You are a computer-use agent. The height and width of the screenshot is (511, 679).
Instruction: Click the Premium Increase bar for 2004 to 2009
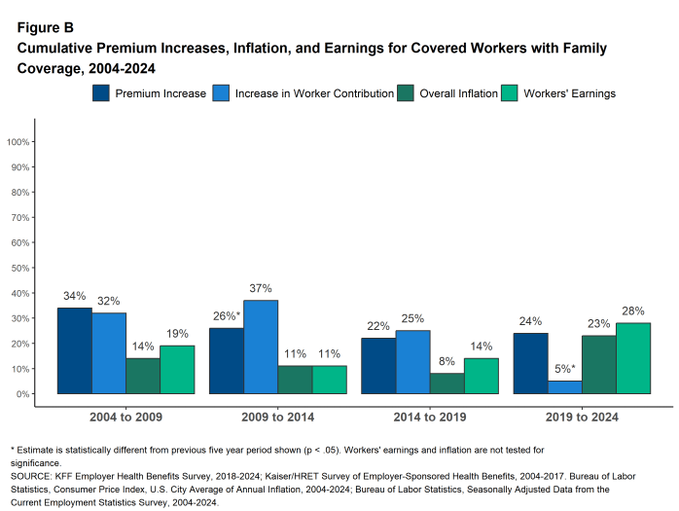tap(74, 350)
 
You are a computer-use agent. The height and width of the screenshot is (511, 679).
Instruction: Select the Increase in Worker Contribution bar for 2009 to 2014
tap(261, 347)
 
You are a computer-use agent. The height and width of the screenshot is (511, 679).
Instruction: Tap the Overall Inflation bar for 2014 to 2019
tap(447, 383)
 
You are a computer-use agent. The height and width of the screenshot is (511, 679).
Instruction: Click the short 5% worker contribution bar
tap(564, 387)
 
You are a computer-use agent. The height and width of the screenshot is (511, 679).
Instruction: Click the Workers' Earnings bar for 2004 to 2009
tap(177, 369)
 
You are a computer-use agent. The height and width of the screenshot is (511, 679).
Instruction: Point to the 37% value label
tap(261, 289)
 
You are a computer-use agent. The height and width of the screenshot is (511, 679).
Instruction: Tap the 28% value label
tap(632, 311)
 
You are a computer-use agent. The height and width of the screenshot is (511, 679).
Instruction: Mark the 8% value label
tap(447, 362)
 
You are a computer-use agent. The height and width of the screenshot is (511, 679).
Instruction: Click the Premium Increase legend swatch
tap(101, 93)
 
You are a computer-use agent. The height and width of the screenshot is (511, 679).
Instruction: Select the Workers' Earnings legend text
tap(568, 93)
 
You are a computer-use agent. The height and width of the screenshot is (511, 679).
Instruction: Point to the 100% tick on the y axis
tap(20, 142)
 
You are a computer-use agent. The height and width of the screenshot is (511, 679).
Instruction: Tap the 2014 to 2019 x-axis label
tap(429, 417)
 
